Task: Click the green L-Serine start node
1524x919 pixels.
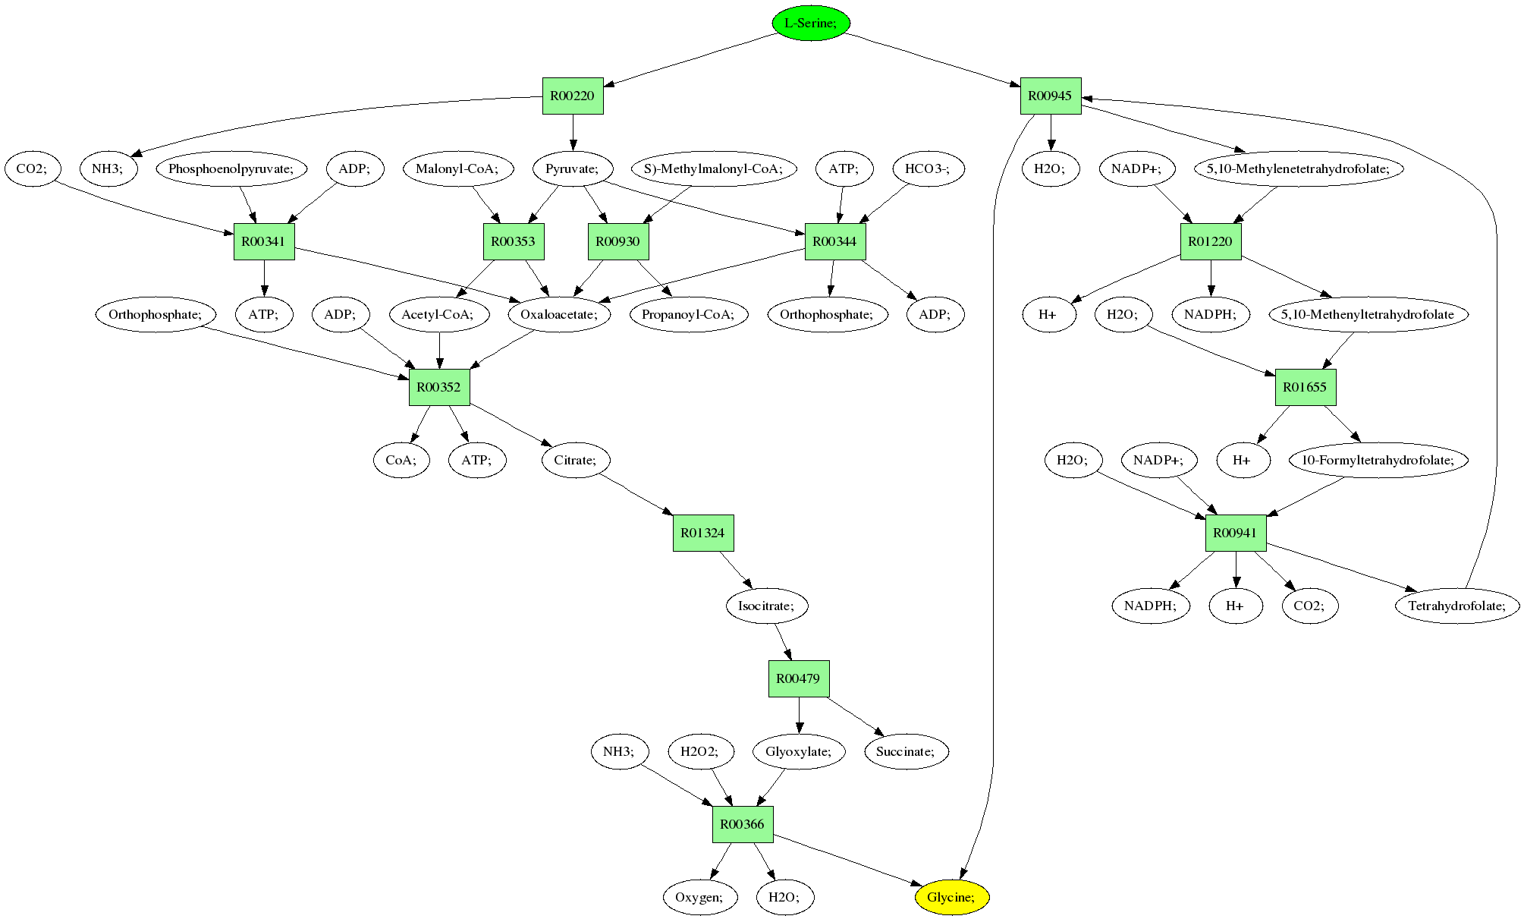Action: coord(810,23)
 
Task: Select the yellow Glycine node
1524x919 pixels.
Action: coord(951,897)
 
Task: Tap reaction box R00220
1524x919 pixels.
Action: coord(573,96)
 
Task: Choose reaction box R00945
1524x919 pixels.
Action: coord(1050,96)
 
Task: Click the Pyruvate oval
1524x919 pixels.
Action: coord(572,168)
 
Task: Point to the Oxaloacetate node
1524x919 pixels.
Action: coord(559,314)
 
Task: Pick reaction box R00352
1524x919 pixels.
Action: coord(439,387)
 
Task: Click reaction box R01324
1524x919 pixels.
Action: coord(703,533)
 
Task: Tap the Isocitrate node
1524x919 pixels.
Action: coord(766,606)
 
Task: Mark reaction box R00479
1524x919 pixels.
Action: coord(799,678)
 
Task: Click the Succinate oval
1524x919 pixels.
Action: coord(906,751)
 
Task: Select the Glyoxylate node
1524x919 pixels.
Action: coord(799,751)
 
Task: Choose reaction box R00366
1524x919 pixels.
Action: coord(743,824)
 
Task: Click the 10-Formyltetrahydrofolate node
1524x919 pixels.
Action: coord(1378,460)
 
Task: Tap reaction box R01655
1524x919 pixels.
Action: coord(1305,387)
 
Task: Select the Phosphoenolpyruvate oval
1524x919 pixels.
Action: coord(231,168)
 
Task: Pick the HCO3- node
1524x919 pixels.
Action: coord(928,168)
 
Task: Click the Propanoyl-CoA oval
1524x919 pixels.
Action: coord(689,314)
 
